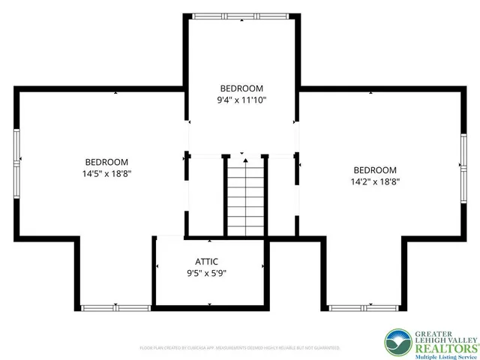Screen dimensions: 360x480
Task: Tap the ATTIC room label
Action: click(206, 262)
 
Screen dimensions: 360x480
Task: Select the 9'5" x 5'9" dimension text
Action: click(206, 273)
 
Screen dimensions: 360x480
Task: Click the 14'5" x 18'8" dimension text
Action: click(106, 173)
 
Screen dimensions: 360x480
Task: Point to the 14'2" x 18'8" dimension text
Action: click(375, 181)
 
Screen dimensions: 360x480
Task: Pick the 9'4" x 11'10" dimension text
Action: click(242, 99)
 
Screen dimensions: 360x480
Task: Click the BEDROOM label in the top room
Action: click(242, 88)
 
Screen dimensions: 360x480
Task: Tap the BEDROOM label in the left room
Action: click(106, 162)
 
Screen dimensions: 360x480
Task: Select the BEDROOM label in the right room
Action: click(375, 169)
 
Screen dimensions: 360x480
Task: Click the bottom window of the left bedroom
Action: click(115, 307)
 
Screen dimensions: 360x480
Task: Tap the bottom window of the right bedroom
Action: click(363, 307)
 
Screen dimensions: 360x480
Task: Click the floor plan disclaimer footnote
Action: click(240, 348)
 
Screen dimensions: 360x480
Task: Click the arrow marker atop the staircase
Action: click(243, 155)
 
